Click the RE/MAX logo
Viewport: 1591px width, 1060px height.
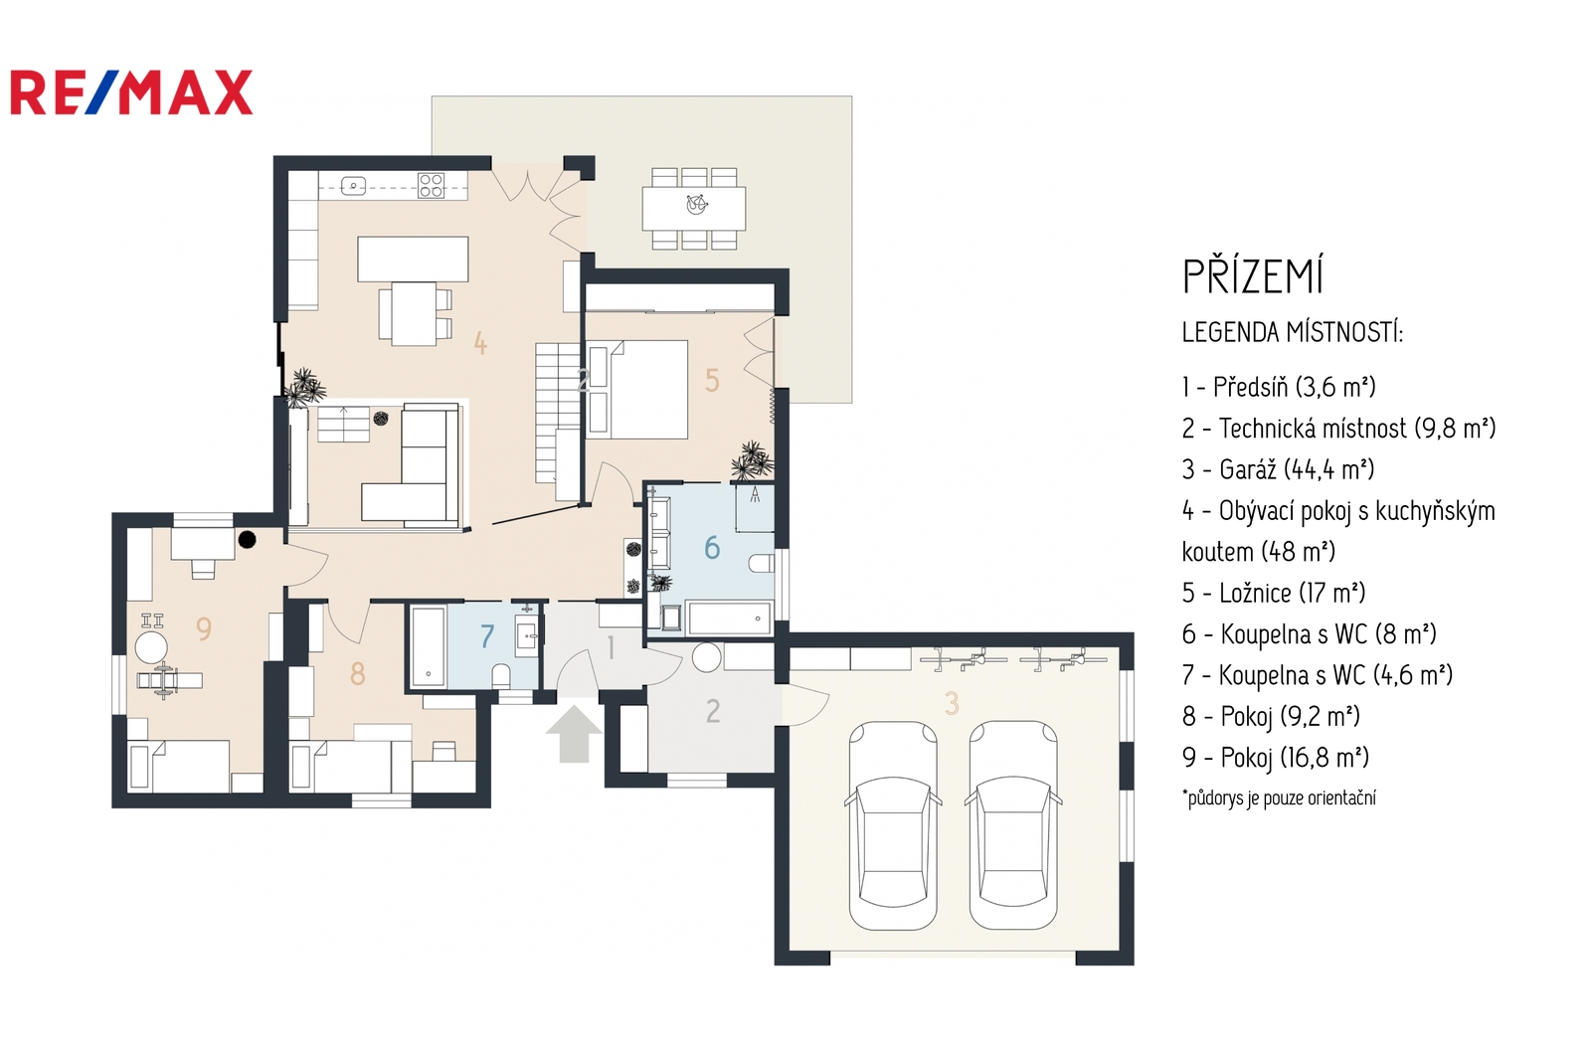pyautogui.click(x=131, y=92)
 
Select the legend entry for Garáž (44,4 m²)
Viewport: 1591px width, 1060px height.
pyautogui.click(x=1279, y=469)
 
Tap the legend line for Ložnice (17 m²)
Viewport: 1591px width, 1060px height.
pyautogui.click(x=1274, y=594)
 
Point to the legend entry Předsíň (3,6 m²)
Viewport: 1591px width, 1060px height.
pyautogui.click(x=1279, y=387)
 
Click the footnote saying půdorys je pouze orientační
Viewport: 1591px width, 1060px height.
pyautogui.click(x=1279, y=797)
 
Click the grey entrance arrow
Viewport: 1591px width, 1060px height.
pyautogui.click(x=574, y=734)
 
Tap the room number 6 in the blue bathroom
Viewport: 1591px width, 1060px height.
pyautogui.click(x=712, y=547)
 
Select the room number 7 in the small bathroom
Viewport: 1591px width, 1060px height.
pyautogui.click(x=486, y=636)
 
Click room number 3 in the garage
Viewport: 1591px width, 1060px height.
pyautogui.click(x=952, y=703)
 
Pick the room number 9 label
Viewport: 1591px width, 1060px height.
pyautogui.click(x=204, y=628)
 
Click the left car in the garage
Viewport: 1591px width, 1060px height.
pyautogui.click(x=893, y=825)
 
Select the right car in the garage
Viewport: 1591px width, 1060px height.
pyautogui.click(x=1013, y=825)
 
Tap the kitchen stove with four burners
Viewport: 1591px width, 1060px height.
pyautogui.click(x=432, y=185)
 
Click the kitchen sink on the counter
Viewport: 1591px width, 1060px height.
pyautogui.click(x=353, y=186)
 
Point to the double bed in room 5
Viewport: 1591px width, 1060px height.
pyautogui.click(x=637, y=390)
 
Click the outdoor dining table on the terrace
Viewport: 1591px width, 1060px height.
pyautogui.click(x=694, y=208)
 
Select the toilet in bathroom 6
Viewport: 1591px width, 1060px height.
pyautogui.click(x=761, y=564)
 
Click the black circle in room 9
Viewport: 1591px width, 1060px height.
pyautogui.click(x=247, y=540)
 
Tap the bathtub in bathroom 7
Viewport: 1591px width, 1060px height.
pyautogui.click(x=429, y=646)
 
